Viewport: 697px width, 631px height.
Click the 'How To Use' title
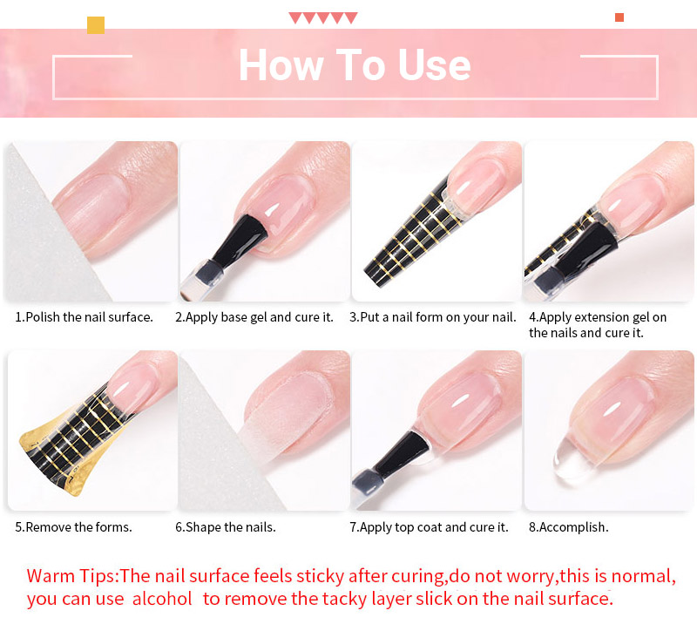coord(355,64)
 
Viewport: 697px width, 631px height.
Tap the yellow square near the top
coord(96,25)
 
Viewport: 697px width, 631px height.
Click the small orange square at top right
coord(619,17)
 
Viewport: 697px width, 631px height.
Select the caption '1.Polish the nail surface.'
coord(84,317)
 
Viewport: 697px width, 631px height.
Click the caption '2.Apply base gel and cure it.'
coord(254,317)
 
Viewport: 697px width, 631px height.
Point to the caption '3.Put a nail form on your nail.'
coord(433,317)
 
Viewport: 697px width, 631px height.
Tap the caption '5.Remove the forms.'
coord(74,527)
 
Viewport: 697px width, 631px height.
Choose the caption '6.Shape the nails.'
coord(226,527)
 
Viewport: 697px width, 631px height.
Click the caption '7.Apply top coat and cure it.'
coord(429,527)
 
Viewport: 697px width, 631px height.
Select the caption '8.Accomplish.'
coord(569,527)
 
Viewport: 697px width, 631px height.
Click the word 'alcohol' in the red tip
coord(162,599)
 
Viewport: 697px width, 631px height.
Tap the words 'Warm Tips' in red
coord(71,576)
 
